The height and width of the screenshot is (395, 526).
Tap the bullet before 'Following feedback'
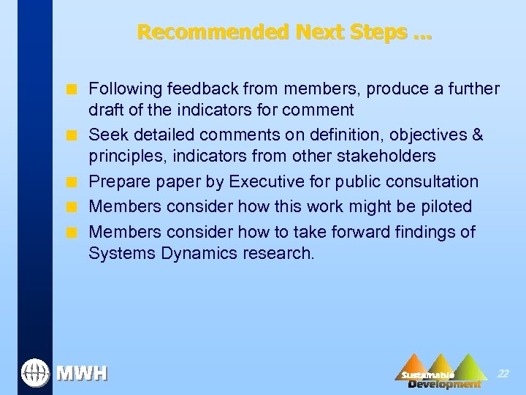[x=72, y=90]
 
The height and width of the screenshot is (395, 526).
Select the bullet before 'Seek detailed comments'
[x=72, y=136]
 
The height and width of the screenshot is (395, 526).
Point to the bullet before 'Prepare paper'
[x=72, y=182]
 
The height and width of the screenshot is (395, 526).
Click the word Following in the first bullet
[x=125, y=89]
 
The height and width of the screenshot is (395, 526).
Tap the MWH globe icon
[x=34, y=372]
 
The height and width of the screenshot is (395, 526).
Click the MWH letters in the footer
[x=82, y=374]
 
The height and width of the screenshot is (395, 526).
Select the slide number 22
[x=503, y=373]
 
